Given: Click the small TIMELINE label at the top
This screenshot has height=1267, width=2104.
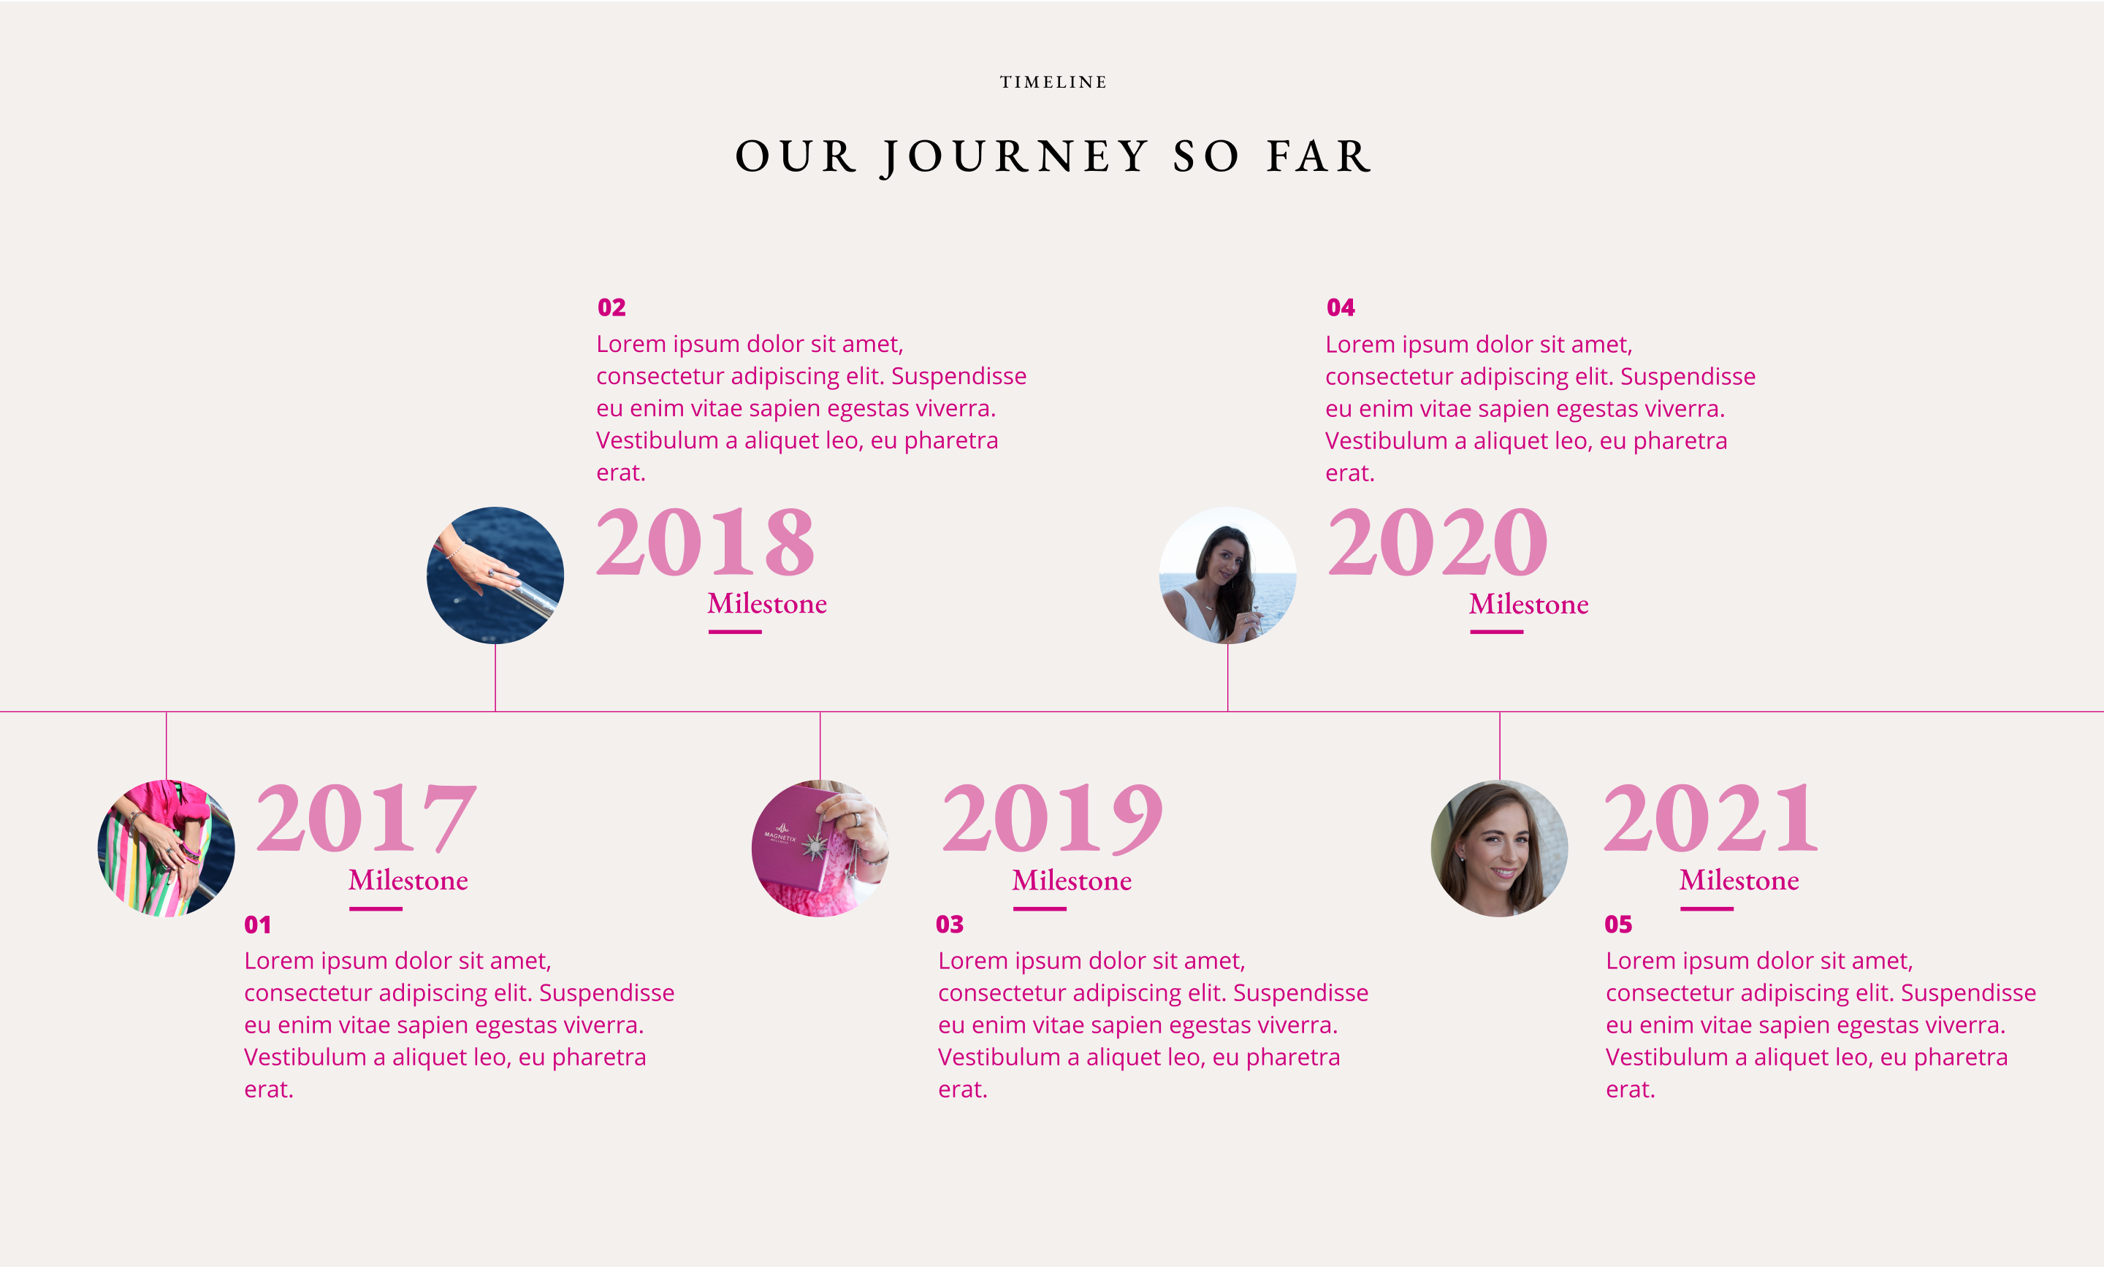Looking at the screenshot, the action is [1053, 82].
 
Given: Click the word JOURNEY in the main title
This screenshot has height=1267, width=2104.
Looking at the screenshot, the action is [1015, 156].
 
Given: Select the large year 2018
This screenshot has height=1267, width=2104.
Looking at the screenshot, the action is [705, 541].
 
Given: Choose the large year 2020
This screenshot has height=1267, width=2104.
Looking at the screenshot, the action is [1437, 541].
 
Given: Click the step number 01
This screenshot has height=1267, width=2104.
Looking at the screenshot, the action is [258, 925].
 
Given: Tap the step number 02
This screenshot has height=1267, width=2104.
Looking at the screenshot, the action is [611, 307].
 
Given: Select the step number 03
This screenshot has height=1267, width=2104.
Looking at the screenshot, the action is [950, 925].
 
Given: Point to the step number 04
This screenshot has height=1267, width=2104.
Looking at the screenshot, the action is [1341, 307].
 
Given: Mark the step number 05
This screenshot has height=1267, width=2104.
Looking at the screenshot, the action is [1618, 925].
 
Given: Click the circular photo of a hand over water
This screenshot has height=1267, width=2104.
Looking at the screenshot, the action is [495, 575].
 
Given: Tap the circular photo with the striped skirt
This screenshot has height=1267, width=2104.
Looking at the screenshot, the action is [167, 849].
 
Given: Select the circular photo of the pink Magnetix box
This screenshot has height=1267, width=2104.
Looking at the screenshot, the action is [820, 849].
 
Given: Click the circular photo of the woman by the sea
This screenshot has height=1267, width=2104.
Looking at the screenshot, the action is [1228, 575].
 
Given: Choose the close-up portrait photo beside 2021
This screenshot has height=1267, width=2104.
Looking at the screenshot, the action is [1499, 849].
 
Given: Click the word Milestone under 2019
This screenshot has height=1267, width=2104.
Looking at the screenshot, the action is [1072, 880].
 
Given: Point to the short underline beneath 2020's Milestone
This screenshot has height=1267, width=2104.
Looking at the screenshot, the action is [1496, 632].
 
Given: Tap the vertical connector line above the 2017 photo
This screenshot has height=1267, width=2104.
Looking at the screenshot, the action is [167, 746].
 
